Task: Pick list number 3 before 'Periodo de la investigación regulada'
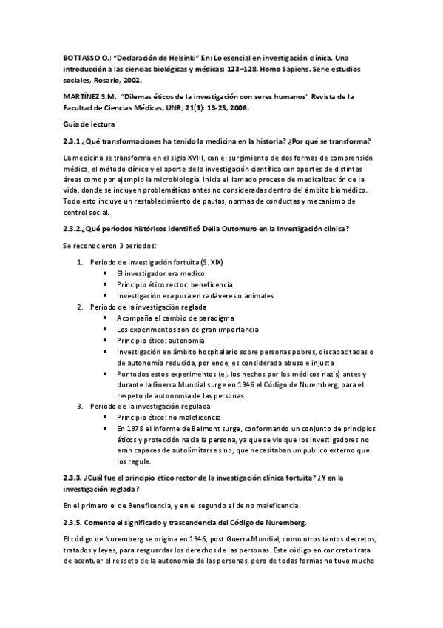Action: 81,406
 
